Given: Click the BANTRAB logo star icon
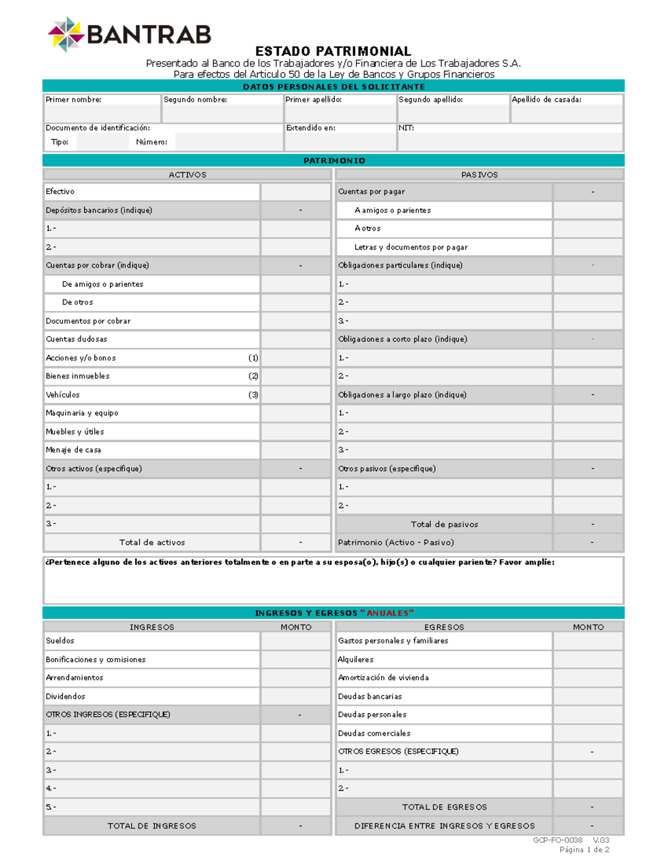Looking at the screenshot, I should (66, 34).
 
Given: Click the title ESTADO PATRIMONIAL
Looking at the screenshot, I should (333, 51).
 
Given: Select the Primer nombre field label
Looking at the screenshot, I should (73, 100).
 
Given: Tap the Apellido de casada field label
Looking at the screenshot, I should (546, 100).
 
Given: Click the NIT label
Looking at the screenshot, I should (406, 128).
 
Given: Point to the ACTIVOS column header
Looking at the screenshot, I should (187, 175).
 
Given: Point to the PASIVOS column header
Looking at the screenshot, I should (479, 175).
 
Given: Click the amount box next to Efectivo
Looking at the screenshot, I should (296, 192).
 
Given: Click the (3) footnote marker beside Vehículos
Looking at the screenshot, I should (253, 395).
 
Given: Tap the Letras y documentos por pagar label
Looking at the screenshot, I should (411, 247).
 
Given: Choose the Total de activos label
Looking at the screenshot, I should (152, 542).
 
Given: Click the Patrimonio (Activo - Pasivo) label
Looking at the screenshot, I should (396, 542).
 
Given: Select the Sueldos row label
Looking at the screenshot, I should (60, 641).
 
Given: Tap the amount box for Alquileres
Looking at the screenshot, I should (588, 659).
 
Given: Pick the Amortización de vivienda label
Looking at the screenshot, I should (383, 678).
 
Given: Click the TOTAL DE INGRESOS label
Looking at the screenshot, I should (152, 826).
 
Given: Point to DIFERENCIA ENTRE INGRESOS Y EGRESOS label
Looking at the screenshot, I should (444, 826).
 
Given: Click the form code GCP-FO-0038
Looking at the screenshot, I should (557, 840).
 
